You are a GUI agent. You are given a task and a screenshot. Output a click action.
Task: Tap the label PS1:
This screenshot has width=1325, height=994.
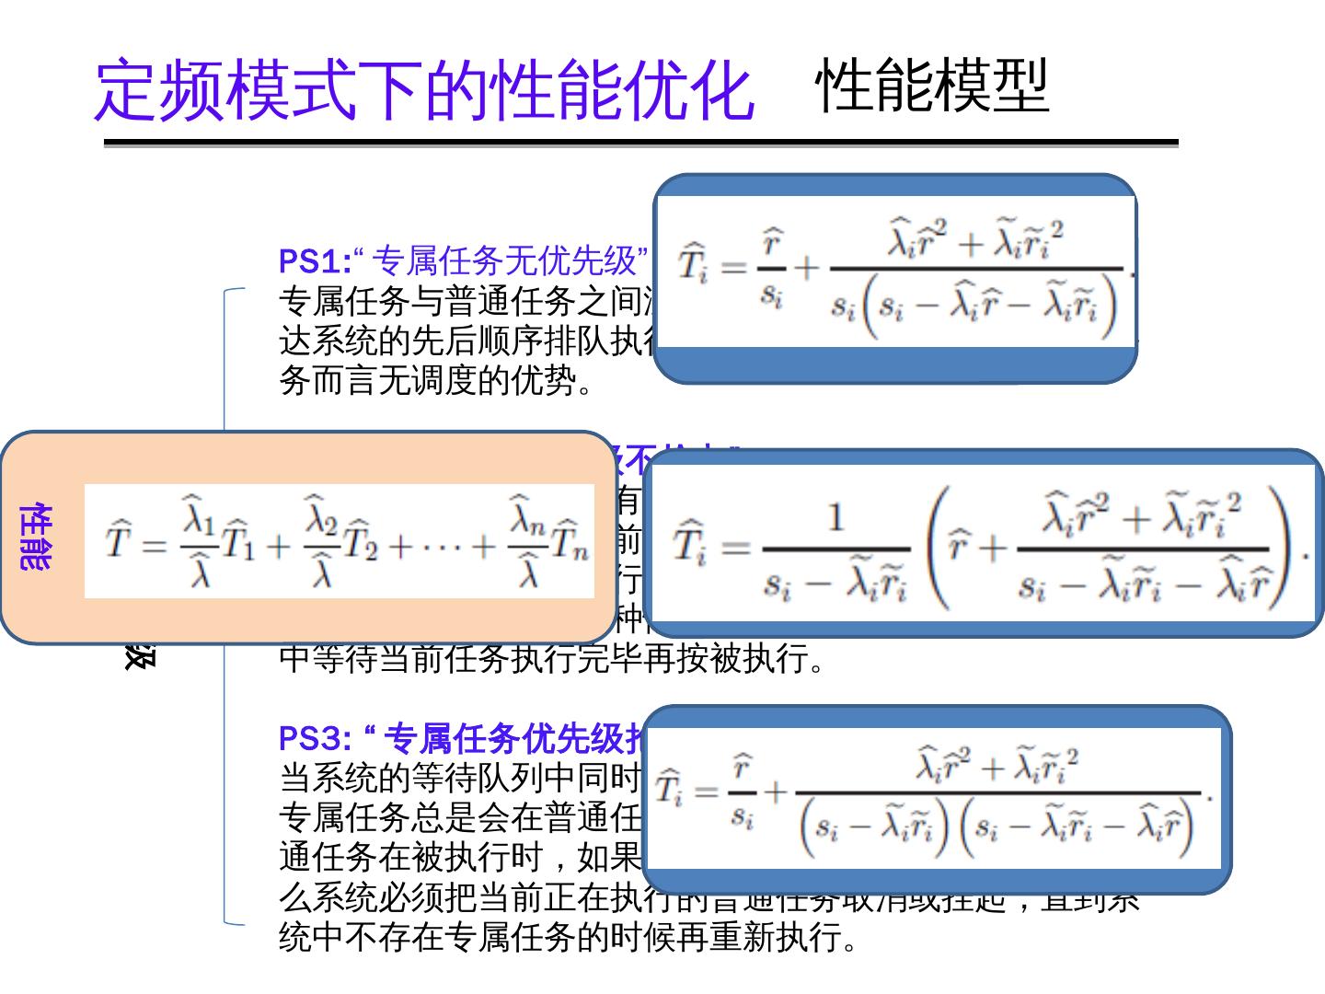315,261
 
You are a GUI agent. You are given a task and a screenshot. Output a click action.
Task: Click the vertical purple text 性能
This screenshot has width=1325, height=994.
35,537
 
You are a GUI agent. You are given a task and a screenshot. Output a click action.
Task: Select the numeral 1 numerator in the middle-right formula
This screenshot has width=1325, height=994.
835,517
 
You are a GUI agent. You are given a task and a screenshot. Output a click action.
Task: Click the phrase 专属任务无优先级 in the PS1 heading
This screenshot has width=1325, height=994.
506,261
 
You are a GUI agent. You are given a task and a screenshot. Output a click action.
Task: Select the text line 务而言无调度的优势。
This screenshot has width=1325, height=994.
437,379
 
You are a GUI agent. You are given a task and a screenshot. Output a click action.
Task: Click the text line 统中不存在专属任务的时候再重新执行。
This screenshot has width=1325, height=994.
570,937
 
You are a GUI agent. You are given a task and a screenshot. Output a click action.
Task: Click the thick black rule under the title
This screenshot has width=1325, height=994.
640,144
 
